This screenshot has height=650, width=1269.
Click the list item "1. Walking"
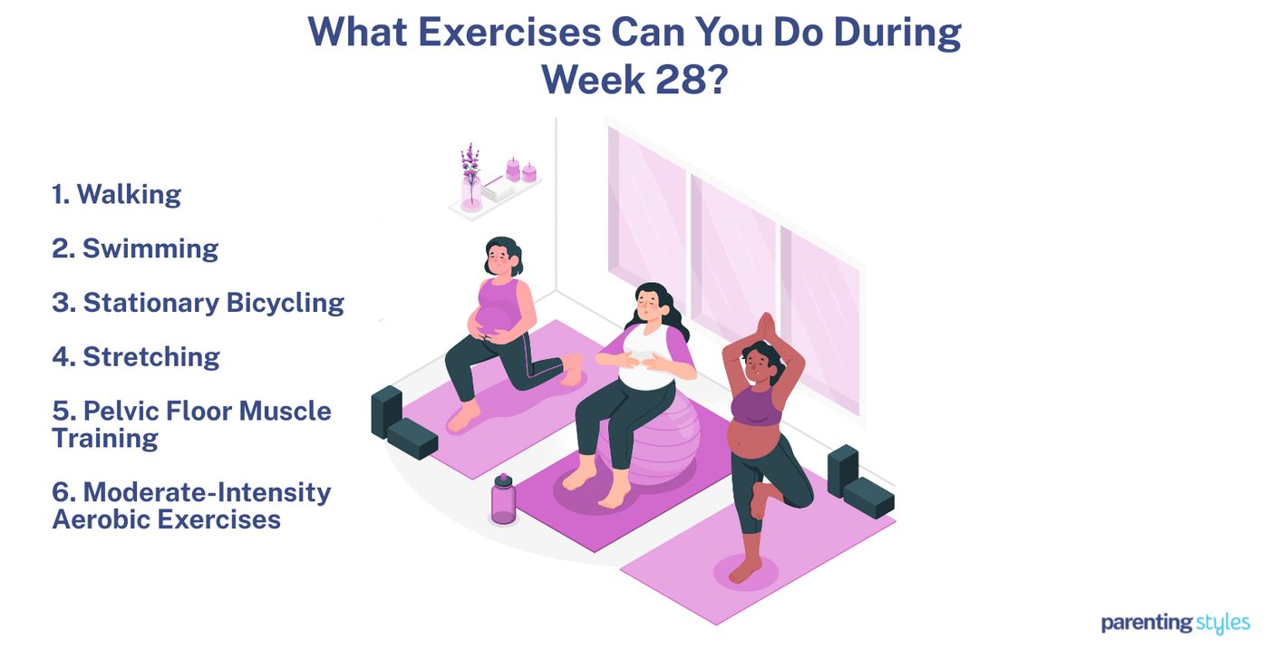click(116, 194)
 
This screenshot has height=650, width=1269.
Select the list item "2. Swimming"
click(135, 248)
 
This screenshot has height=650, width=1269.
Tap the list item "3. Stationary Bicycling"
click(198, 303)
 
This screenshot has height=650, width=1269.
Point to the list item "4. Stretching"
click(135, 356)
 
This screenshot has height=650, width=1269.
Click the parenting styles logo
click(1175, 623)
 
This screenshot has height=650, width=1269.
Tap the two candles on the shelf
click(520, 170)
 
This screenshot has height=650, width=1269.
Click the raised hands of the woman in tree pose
click(766, 325)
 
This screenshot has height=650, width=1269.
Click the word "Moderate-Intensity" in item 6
click(207, 492)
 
